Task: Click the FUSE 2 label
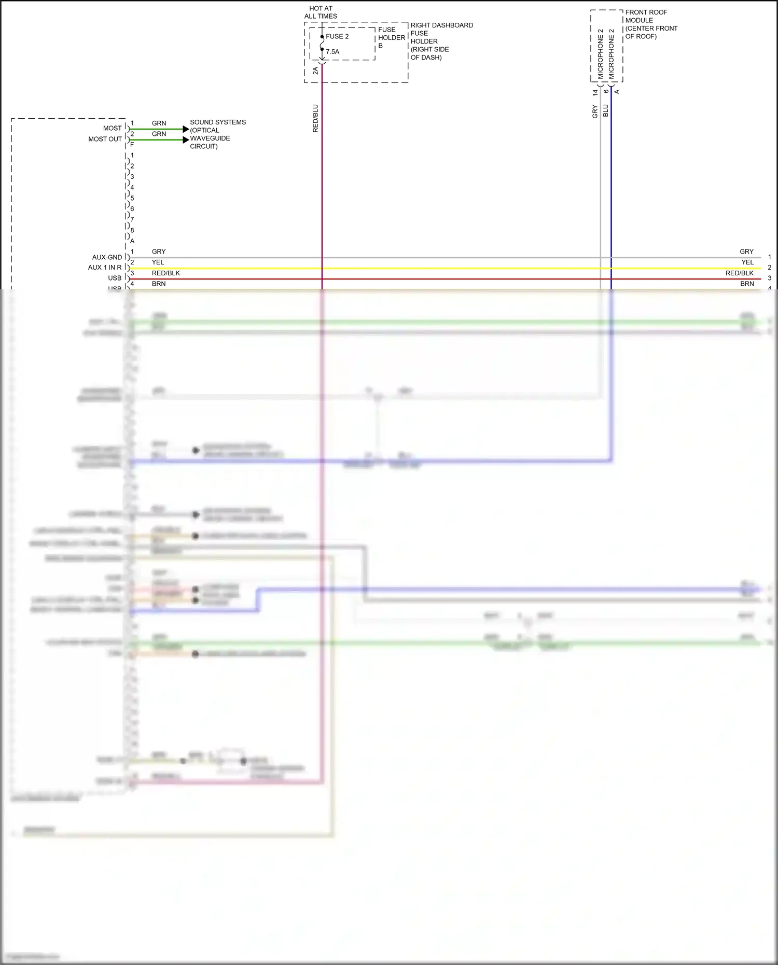pos(337,36)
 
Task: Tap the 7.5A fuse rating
pos(332,52)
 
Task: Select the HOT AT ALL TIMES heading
pos(321,12)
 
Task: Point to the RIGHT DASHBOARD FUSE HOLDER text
pos(441,41)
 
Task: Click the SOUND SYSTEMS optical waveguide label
pos(217,134)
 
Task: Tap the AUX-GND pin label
pos(107,257)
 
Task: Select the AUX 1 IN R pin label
pos(104,268)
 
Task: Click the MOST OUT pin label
pos(105,139)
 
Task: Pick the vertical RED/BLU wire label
pos(315,118)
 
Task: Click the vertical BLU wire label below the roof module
pos(605,110)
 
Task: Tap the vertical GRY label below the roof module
pos(595,111)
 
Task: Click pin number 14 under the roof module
pos(595,92)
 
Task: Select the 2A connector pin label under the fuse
pos(315,71)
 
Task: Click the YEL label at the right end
pos(747,262)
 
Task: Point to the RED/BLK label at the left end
pos(166,273)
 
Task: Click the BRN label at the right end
pos(747,284)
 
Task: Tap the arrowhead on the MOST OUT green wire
pos(186,140)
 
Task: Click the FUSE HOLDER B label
pos(391,37)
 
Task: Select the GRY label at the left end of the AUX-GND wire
pos(159,251)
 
